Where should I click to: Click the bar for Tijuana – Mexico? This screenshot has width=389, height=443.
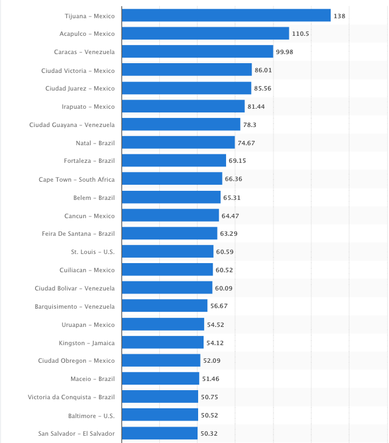pos(226,15)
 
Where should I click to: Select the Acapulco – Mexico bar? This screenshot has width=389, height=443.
pos(205,33)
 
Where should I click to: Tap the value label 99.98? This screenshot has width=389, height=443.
pos(284,52)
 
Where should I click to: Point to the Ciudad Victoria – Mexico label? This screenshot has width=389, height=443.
pos(78,70)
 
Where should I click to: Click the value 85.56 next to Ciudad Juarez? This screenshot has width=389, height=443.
pos(263,88)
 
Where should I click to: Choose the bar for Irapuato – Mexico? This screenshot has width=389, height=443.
pos(183,106)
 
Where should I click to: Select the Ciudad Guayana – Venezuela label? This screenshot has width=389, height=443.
pos(72,125)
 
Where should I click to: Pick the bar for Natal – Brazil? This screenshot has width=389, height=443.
pos(178,143)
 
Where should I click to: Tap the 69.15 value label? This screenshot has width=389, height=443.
pos(237,161)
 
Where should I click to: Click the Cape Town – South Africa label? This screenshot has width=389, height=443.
pos(77,179)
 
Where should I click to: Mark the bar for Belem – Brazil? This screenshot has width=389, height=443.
pos(171,197)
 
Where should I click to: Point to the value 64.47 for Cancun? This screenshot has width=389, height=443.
pos(230,216)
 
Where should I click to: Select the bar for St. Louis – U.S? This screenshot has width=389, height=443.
pos(168,252)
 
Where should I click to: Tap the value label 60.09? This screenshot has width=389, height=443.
pos(223,288)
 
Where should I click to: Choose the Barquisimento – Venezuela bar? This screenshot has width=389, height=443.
pos(165,306)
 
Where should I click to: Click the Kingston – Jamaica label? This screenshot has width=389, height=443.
pos(87,343)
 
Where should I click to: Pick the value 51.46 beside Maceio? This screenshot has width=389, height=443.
pos(210,379)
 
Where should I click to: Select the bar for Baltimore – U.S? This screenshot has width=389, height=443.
pos(160,415)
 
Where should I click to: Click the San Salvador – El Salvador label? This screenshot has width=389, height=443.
pos(76,433)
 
